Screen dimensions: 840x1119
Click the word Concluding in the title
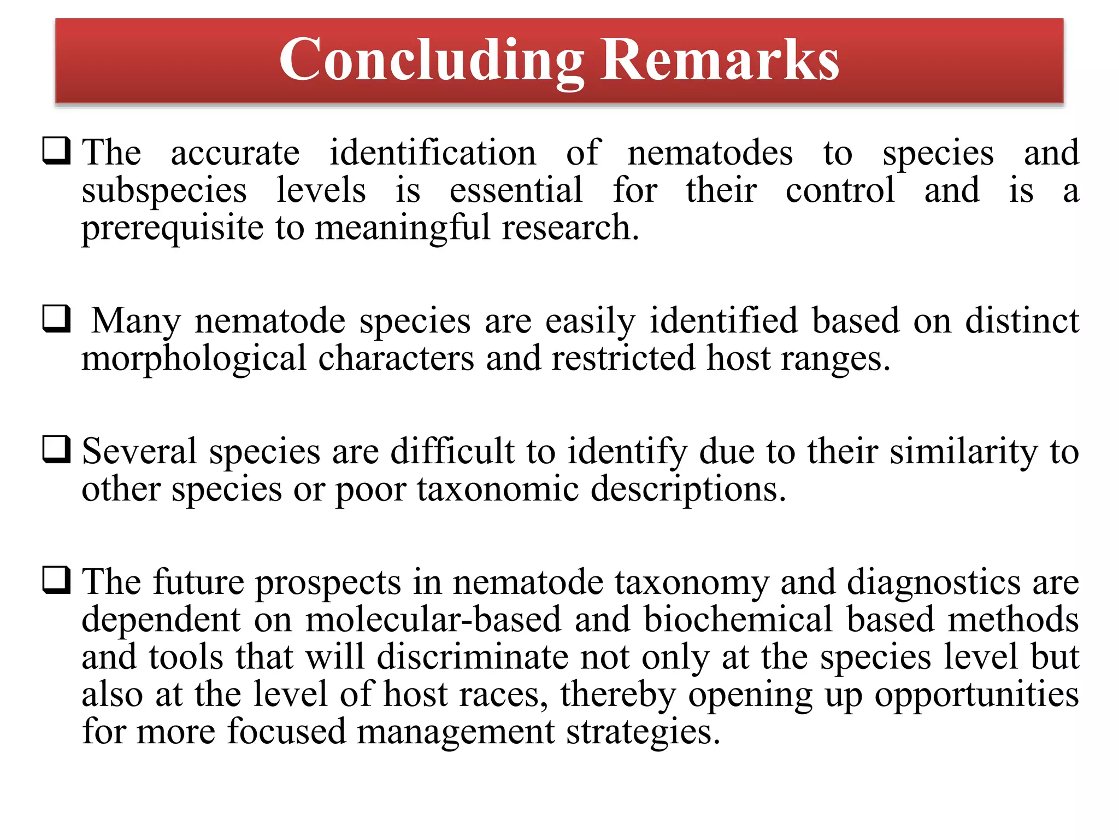[x=432, y=60]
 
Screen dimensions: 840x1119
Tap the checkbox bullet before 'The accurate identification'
[x=57, y=151]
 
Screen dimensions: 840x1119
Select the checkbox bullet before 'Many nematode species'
[x=57, y=319]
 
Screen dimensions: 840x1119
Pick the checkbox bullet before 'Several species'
[x=57, y=450]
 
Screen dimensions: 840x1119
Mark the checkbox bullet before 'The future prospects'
[x=57, y=580]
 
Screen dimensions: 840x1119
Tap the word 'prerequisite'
[x=173, y=229]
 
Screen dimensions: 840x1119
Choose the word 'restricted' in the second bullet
[x=623, y=359]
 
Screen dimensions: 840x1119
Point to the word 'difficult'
[x=452, y=452]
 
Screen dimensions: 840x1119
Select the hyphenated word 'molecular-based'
[x=433, y=620]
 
